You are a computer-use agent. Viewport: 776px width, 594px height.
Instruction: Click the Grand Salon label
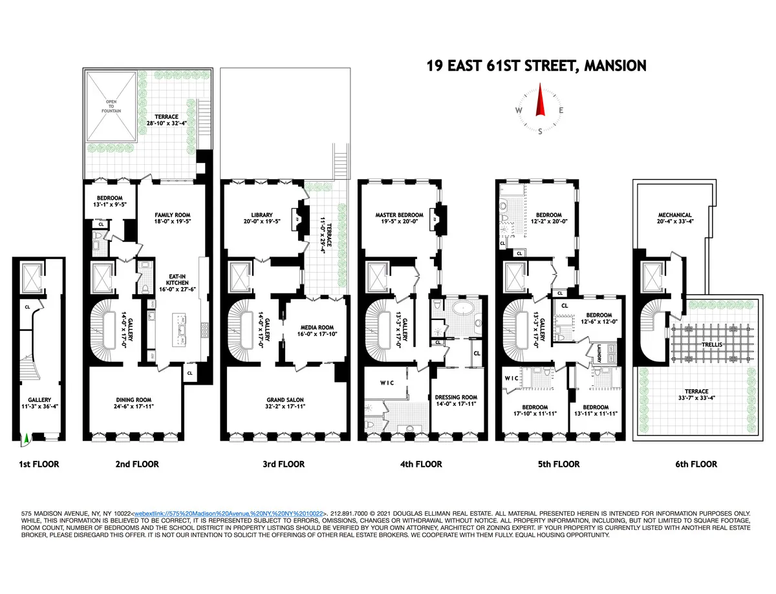[285, 404]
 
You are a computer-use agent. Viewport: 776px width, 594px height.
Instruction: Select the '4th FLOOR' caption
[421, 464]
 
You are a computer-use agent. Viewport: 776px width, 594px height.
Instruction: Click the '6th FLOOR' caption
[696, 464]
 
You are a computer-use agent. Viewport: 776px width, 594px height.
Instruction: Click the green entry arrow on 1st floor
[26, 440]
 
